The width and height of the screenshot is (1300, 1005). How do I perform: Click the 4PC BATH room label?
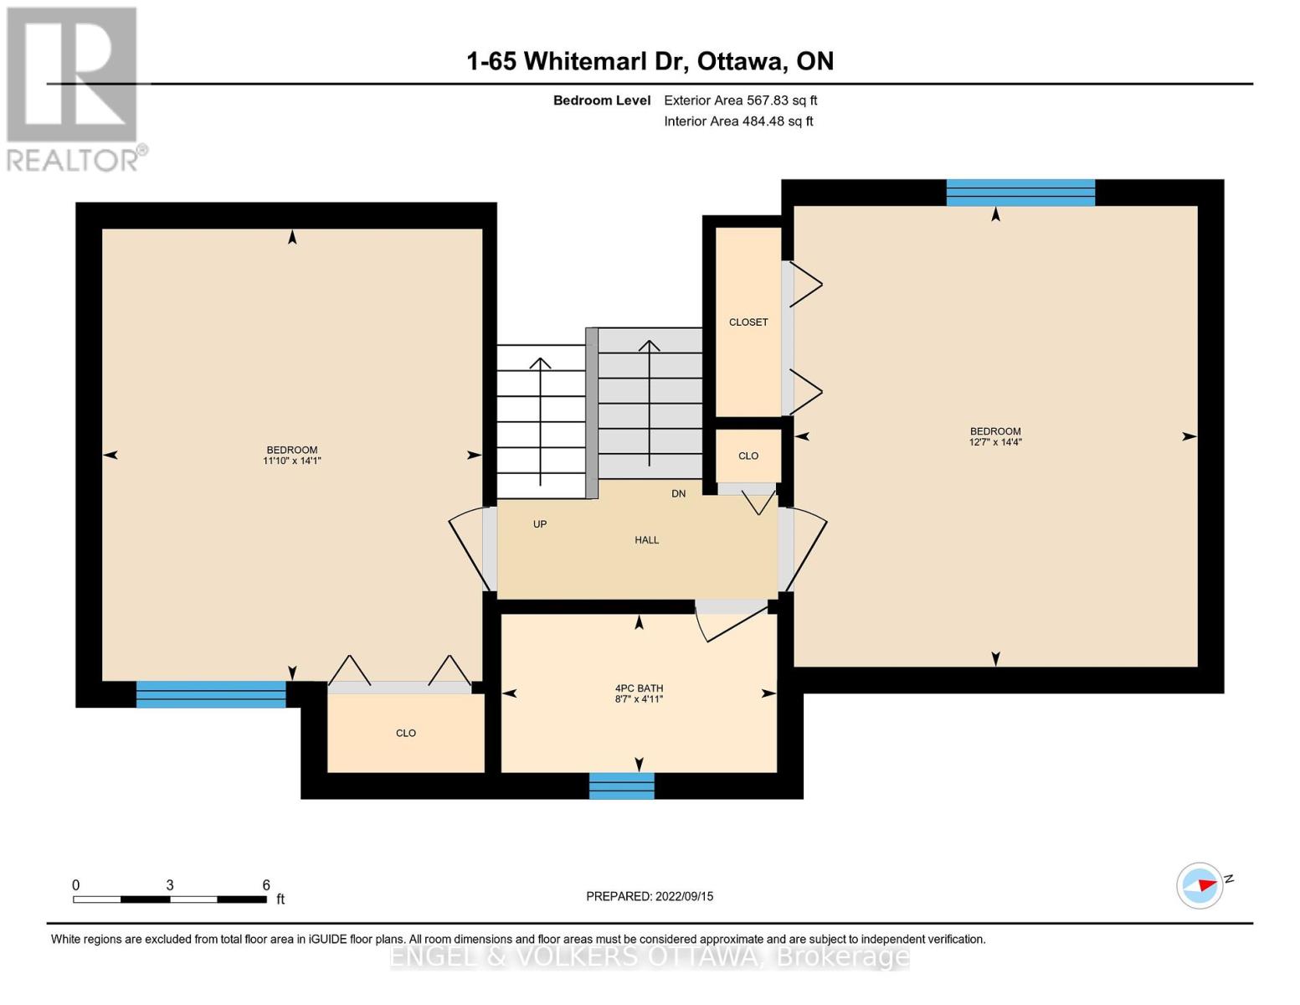pos(639,688)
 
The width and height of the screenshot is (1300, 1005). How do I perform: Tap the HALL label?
pos(647,540)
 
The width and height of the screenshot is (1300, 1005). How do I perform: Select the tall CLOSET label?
pos(748,322)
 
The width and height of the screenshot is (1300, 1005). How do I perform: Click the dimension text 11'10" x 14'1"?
pos(292,461)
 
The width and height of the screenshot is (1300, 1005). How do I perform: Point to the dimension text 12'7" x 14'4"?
pos(995,442)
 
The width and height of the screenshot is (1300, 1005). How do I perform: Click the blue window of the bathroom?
pos(622,786)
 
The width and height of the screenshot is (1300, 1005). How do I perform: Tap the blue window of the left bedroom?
pos(211,694)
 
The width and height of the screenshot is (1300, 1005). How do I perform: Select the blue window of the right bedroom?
pos(1020,193)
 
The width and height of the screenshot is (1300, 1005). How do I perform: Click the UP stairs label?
pos(540,524)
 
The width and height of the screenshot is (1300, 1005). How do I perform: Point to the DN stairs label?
pos(678,494)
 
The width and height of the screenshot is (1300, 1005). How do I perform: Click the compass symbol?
pos(1200,886)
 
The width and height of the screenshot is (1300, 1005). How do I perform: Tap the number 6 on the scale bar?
pos(266,884)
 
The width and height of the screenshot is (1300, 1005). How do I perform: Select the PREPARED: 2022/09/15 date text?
pos(650,896)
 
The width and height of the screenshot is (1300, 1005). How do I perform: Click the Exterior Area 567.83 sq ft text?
pos(741,100)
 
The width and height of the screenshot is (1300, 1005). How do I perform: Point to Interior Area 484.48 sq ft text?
pos(739,121)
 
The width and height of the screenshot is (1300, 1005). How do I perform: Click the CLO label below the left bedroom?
pos(406,734)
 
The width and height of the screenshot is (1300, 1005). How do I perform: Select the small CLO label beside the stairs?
pos(748,456)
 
